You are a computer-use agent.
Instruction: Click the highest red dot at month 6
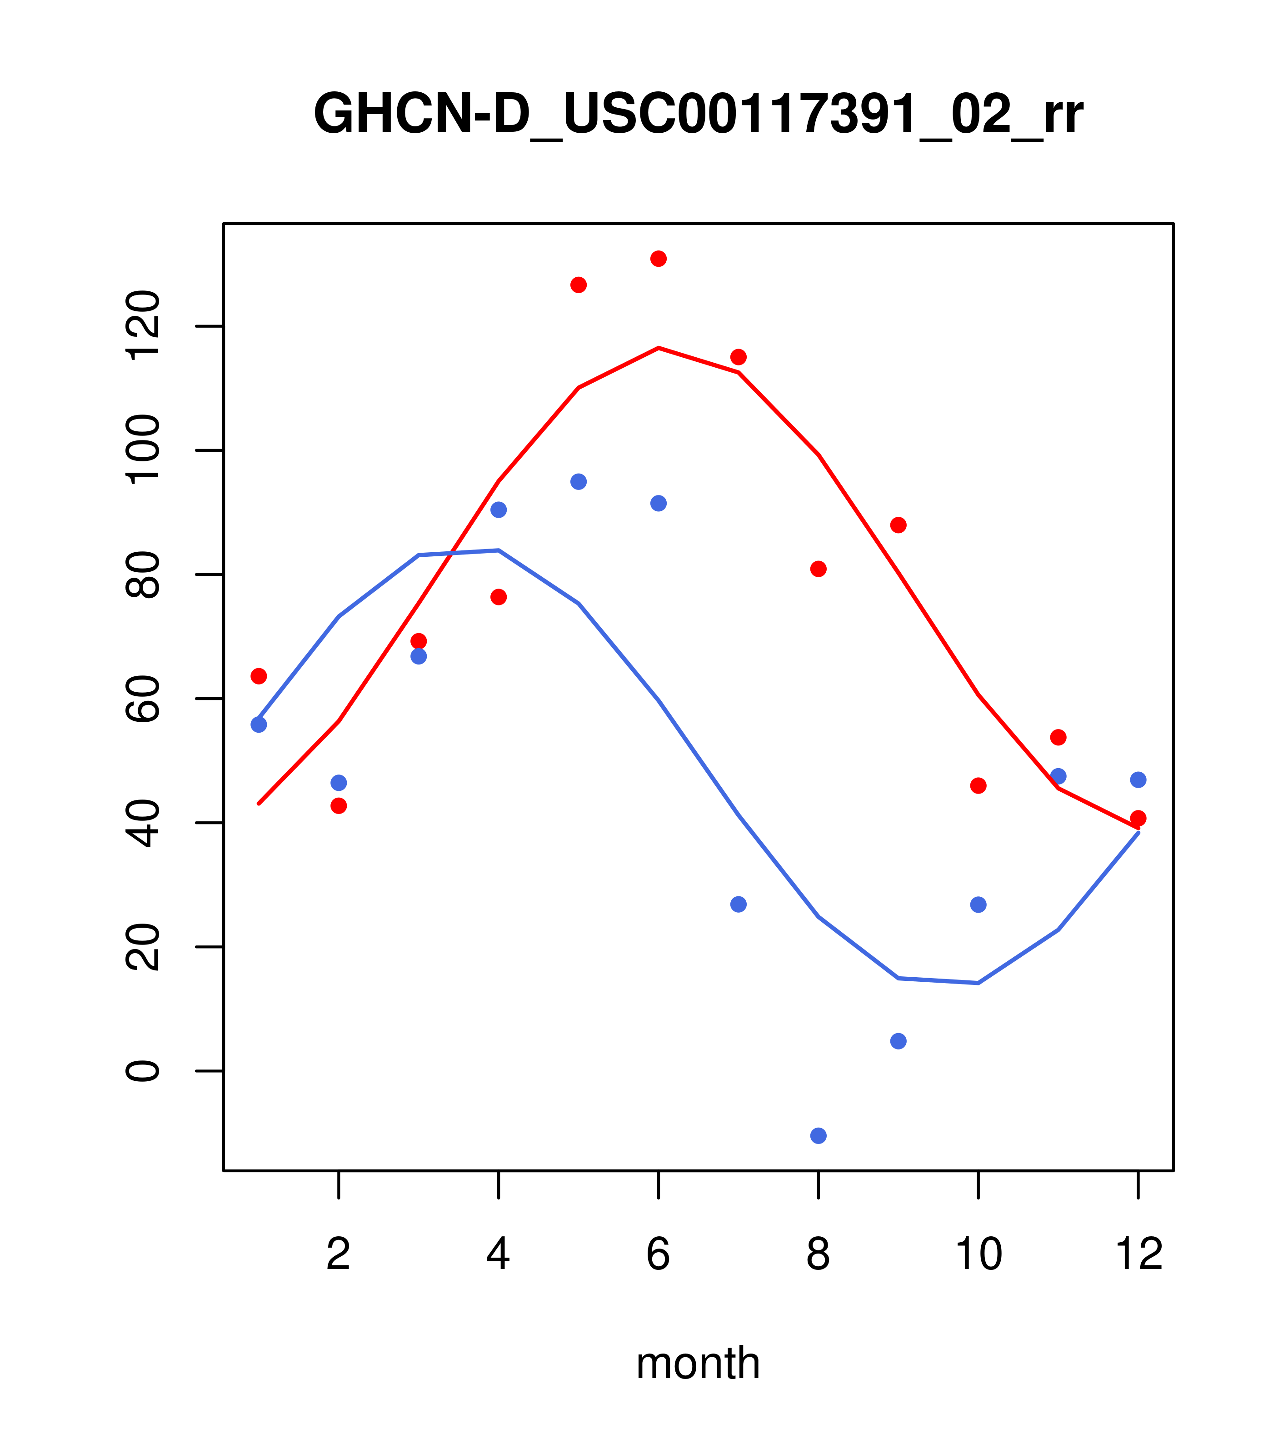point(659,259)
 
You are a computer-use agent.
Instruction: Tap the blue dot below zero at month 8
point(818,1136)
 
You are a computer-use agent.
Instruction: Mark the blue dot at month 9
point(898,1041)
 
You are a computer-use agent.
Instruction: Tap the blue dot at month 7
point(739,904)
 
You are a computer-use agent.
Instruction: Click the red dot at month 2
point(339,806)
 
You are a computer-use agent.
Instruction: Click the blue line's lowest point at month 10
point(978,983)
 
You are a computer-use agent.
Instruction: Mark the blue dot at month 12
point(1138,780)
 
